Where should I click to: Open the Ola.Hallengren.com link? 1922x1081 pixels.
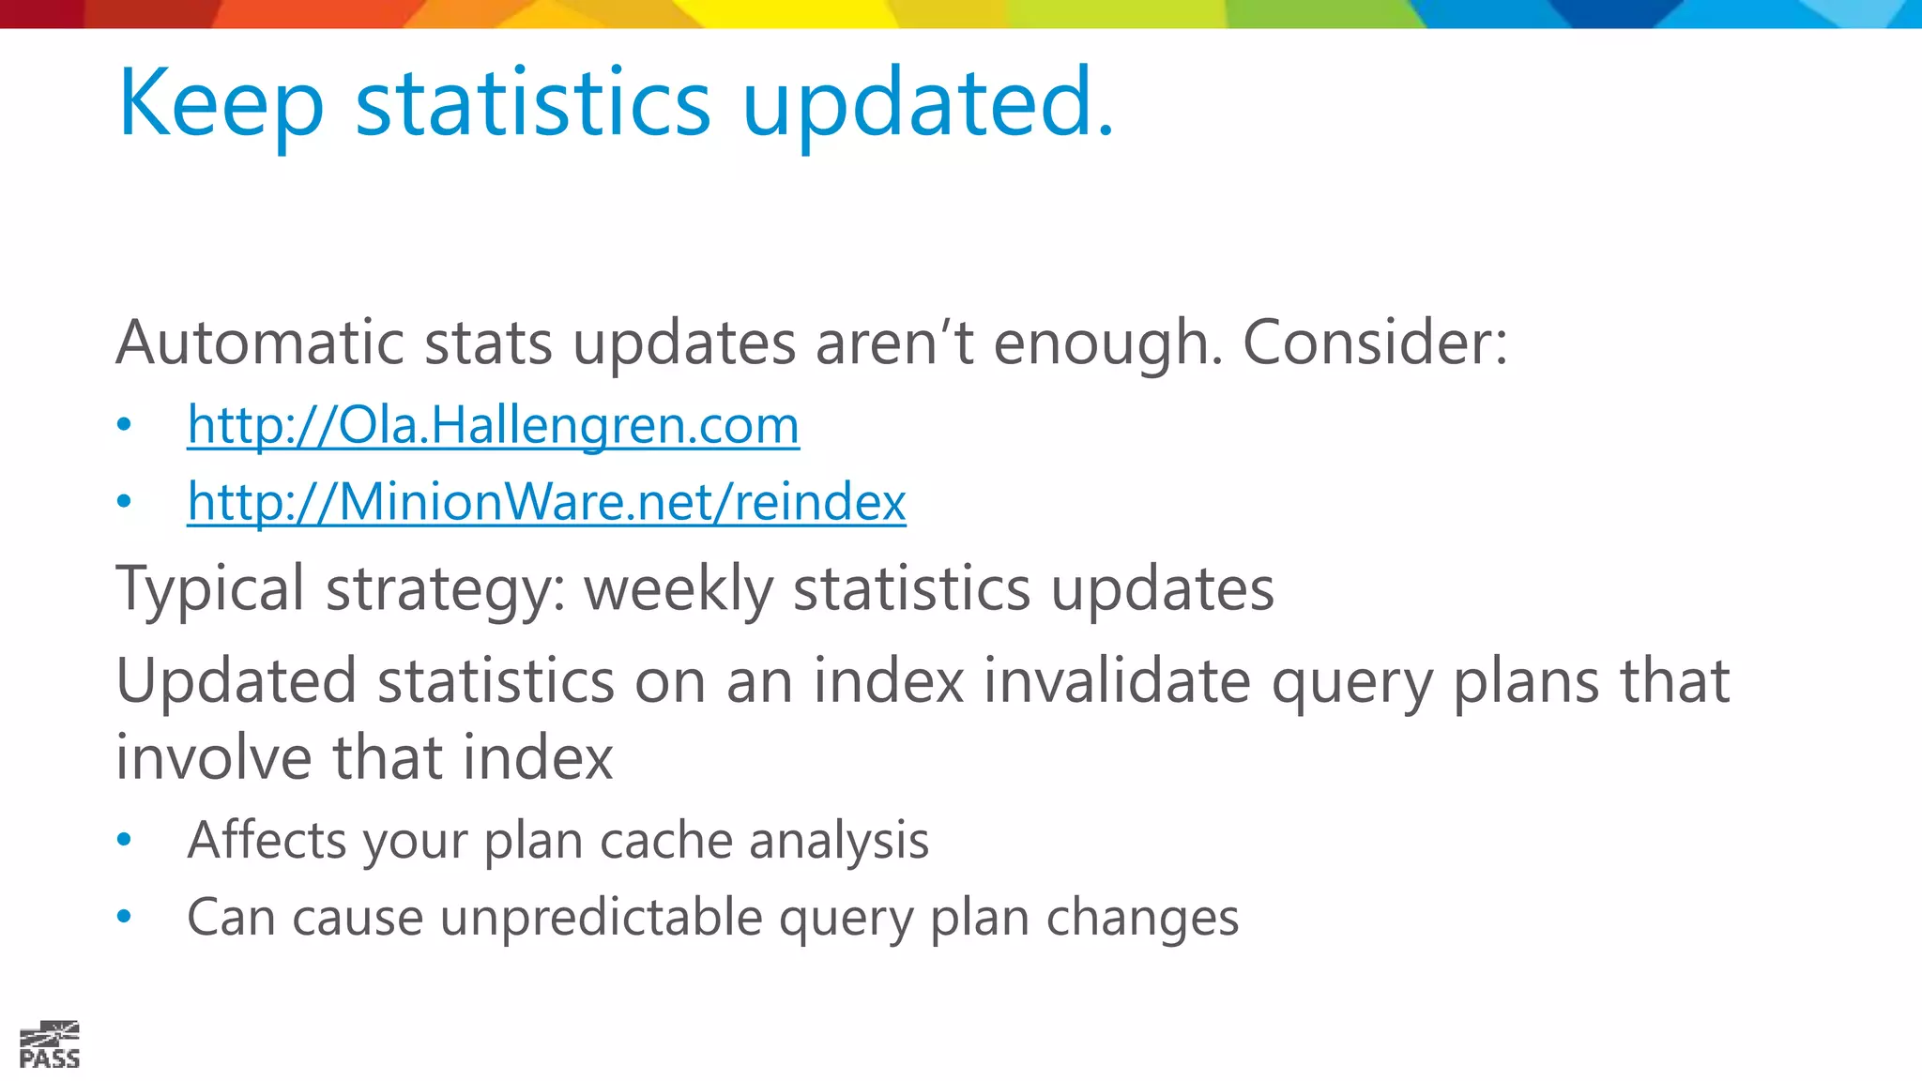[493, 425]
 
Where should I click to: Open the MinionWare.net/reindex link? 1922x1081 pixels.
[546, 502]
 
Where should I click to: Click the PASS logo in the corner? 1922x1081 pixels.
[50, 1045]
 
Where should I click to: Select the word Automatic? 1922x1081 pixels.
[260, 343]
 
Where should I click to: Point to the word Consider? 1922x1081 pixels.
[1375, 343]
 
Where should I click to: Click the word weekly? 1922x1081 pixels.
[678, 590]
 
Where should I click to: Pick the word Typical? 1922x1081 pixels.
[210, 590]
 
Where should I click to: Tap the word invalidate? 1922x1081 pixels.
[1117, 681]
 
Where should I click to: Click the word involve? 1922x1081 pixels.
[213, 758]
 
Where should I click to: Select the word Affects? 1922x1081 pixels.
[267, 840]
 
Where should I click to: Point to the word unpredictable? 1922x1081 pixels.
[601, 918]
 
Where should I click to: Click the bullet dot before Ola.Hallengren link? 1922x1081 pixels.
[124, 426]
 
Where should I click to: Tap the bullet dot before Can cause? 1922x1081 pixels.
[124, 918]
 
